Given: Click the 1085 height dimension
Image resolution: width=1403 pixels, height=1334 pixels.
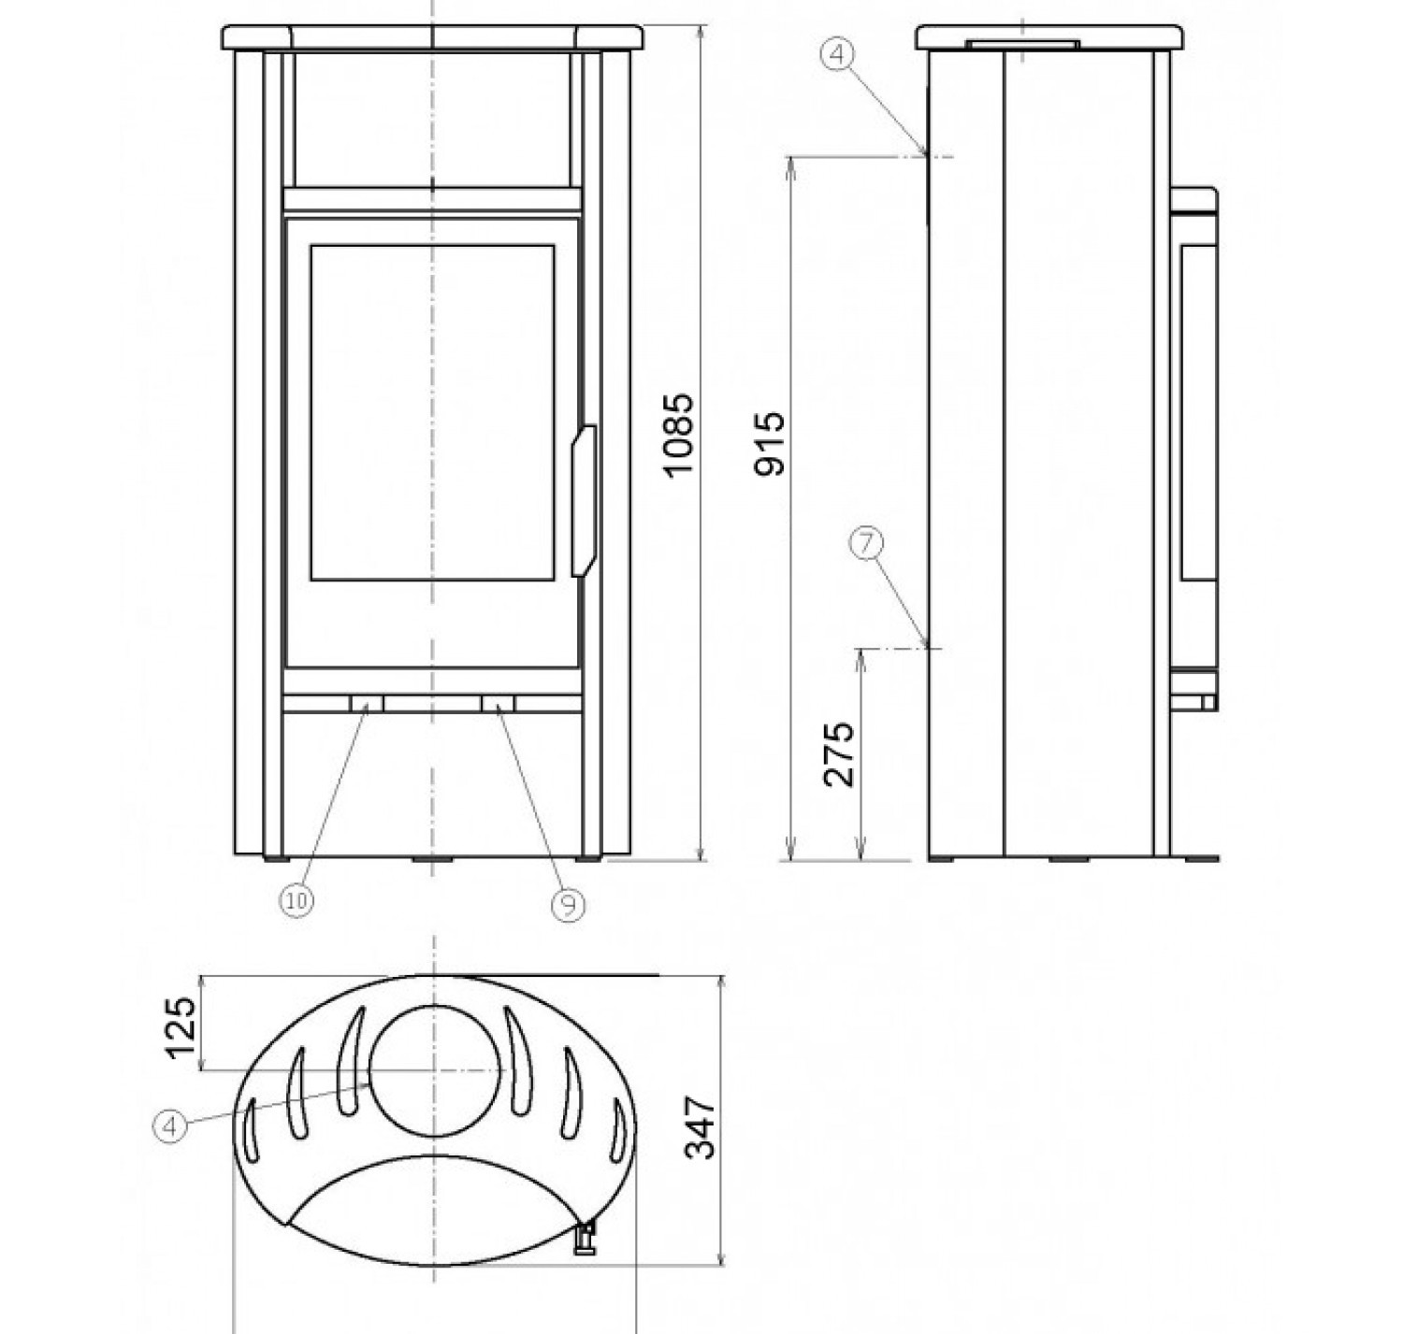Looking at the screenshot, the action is [x=677, y=435].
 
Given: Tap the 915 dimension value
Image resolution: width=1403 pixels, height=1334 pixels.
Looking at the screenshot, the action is [x=770, y=444].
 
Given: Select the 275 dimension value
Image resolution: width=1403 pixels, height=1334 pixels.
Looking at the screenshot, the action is [x=838, y=754].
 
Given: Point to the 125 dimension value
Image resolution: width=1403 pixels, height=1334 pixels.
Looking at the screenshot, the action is [x=180, y=1028].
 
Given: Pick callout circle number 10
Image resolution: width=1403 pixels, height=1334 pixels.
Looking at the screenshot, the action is [x=297, y=901].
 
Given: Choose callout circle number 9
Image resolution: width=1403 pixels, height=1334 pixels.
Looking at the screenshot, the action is [x=568, y=905].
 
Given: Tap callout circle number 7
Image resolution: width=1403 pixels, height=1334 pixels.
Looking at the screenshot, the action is [x=866, y=544].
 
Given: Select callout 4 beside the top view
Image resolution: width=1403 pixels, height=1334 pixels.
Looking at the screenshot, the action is [x=170, y=1126].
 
